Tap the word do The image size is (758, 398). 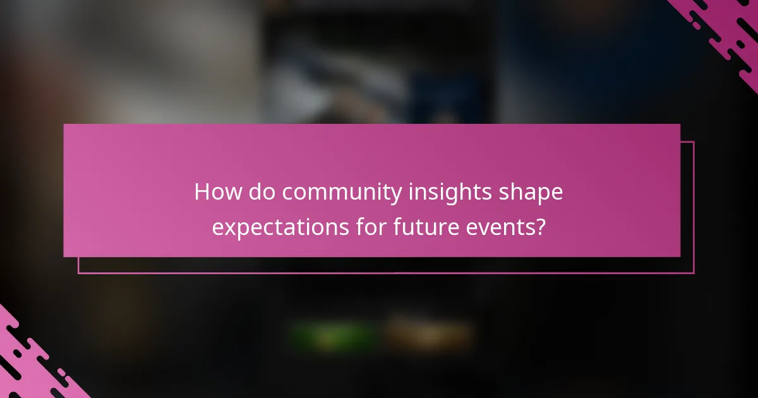pyautogui.click(x=262, y=192)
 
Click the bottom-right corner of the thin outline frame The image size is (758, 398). pyautogui.click(x=694, y=273)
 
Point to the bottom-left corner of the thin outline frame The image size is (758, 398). pyautogui.click(x=78, y=273)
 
